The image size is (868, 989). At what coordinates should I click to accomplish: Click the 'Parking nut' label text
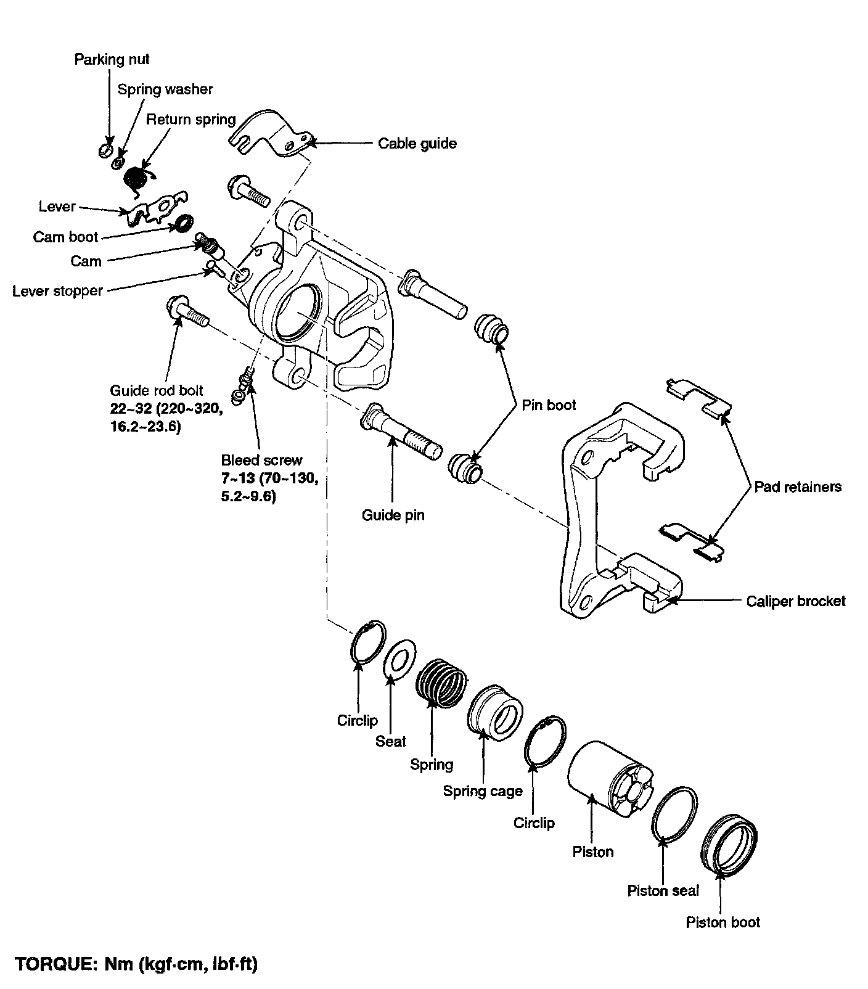coord(112,59)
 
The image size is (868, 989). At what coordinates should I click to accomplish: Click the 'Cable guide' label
coord(417,144)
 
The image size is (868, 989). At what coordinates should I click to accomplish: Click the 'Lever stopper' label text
coord(57,291)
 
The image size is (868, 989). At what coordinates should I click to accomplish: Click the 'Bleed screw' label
coord(262,460)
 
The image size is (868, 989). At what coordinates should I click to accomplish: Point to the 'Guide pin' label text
coord(393,515)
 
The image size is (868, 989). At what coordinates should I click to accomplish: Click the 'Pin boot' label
coord(549,405)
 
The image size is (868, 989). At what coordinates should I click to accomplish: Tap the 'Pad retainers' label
coord(798,486)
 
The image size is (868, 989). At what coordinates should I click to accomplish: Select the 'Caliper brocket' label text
coord(796,601)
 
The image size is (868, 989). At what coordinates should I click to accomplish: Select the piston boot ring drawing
coord(729,845)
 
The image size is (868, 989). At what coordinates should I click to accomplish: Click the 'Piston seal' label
coord(663,890)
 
